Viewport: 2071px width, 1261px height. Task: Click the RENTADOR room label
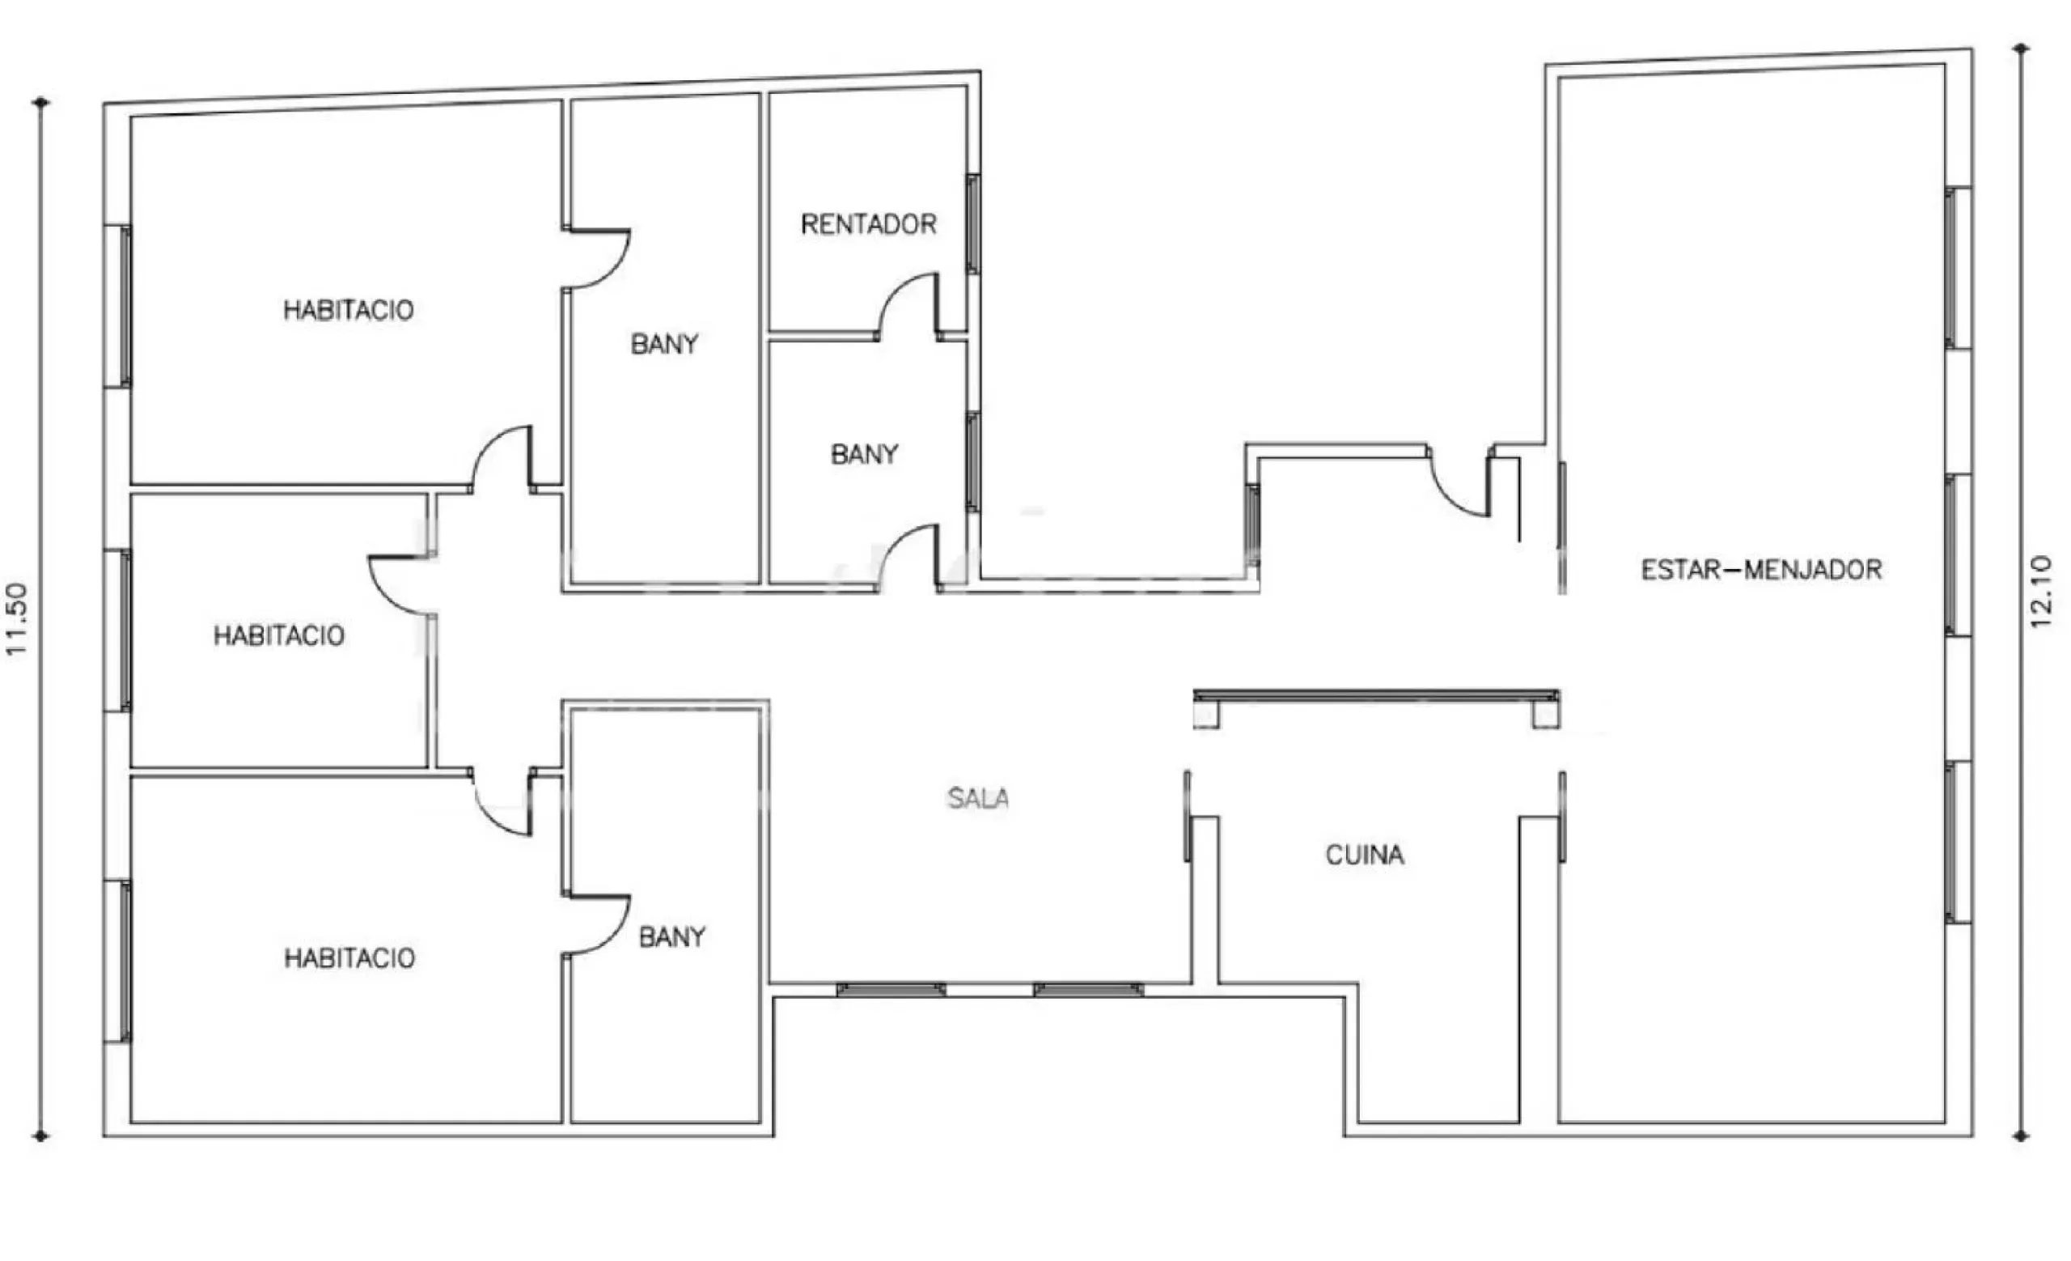868,224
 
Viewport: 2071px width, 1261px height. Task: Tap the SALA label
977,798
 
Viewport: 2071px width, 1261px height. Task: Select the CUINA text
1364,855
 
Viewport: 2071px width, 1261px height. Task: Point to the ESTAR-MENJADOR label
1761,570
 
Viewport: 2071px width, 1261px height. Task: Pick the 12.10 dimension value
2041,592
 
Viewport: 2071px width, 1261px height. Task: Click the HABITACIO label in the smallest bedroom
279,635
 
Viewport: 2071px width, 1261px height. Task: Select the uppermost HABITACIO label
348,310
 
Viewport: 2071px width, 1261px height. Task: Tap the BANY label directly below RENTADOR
864,455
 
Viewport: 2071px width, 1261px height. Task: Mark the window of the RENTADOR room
972,223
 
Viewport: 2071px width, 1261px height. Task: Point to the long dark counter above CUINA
1376,696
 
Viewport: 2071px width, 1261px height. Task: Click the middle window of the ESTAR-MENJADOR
1959,556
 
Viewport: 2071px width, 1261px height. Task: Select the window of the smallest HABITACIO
117,630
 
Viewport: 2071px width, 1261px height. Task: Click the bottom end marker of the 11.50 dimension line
40,1136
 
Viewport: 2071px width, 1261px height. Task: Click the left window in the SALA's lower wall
891,990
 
